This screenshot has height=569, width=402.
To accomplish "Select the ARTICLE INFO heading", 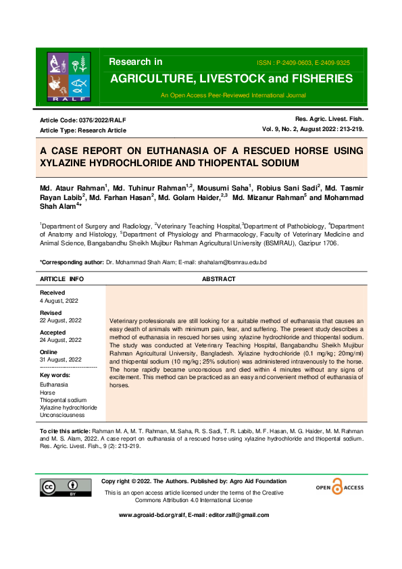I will pos(62,279).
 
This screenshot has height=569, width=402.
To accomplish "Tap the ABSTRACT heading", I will pos(219,279).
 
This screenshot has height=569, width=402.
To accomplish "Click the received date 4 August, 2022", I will pos(60,299).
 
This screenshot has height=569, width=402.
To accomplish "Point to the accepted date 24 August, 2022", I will pos(61,340).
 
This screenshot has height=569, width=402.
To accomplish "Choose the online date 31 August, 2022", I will pos(61,360).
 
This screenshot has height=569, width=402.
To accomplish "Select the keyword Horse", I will pos(47,392).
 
